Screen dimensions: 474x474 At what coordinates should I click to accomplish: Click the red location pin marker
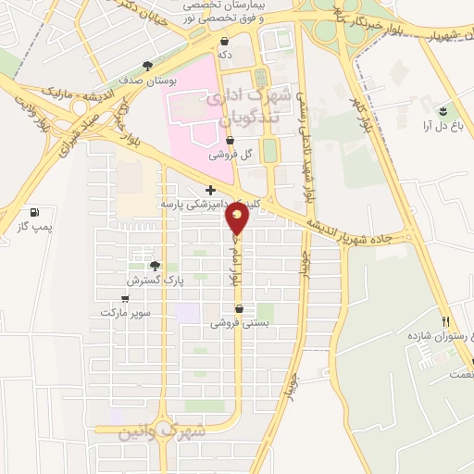(238, 218)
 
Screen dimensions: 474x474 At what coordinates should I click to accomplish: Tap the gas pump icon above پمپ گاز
(35, 211)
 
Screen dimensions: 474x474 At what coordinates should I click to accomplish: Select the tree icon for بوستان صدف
(147, 66)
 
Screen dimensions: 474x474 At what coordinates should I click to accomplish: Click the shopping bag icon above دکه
(225, 42)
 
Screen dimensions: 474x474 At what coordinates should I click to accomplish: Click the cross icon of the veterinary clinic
(211, 190)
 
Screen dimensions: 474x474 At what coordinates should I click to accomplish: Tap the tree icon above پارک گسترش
(155, 265)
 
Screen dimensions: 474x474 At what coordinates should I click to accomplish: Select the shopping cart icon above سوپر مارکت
(125, 299)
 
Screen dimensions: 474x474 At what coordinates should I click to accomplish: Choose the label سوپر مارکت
(126, 313)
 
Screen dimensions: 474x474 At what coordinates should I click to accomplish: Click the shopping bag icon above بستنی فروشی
(241, 310)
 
